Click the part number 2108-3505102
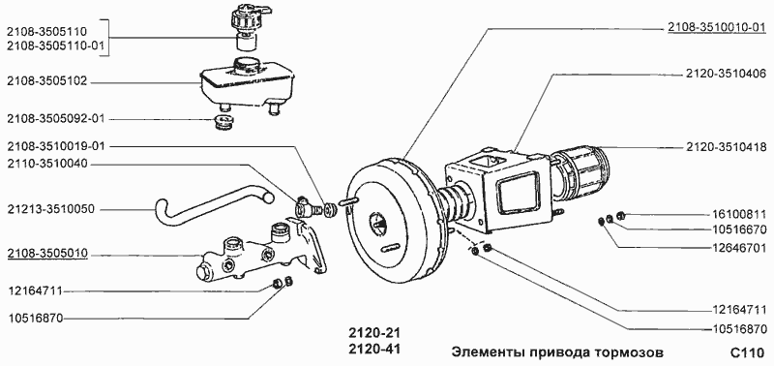(x=48, y=82)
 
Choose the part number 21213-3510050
(x=51, y=208)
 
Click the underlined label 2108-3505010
(x=48, y=255)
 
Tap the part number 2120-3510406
(x=726, y=73)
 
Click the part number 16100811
(x=738, y=213)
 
